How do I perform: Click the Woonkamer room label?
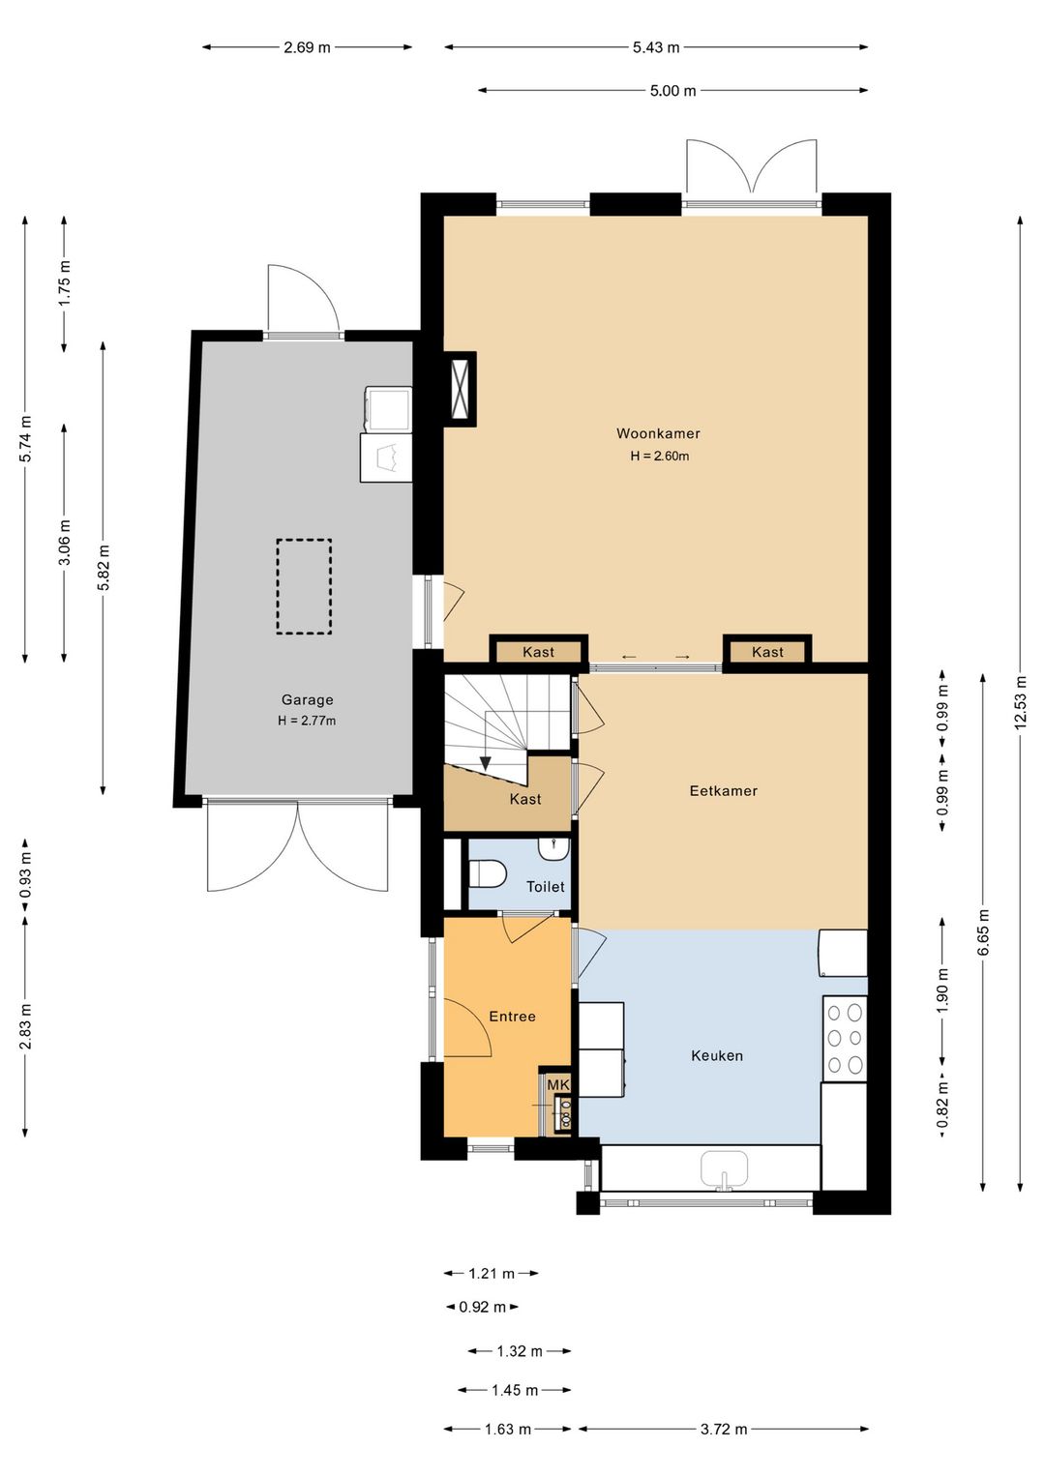657,433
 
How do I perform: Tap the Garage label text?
308,699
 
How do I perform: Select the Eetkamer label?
723,791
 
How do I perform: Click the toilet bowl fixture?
487,873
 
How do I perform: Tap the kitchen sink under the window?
724,1169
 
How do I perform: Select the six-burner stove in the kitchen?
845,1038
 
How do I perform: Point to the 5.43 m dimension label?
656,47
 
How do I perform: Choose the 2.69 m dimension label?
308,47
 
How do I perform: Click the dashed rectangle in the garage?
304,586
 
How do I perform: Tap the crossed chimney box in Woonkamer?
461,389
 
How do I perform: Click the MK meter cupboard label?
557,1084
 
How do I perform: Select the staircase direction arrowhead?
486,764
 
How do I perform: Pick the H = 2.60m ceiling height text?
659,456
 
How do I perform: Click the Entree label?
512,1017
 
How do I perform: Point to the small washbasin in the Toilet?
553,849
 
